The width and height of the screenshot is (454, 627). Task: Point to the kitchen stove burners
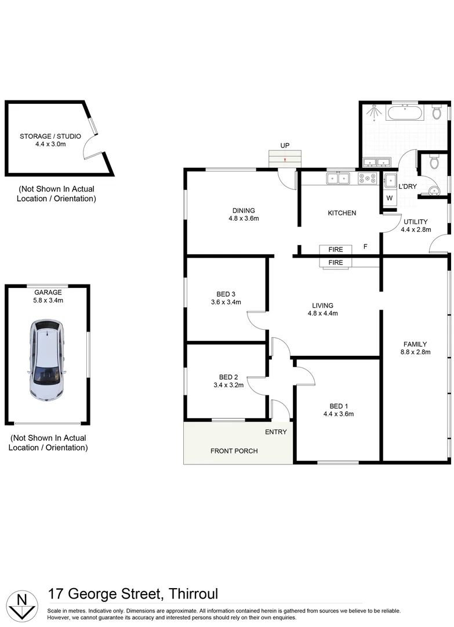[x=368, y=178]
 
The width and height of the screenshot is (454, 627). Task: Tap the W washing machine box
[x=390, y=198]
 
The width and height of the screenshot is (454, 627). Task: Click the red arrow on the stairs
[x=285, y=159]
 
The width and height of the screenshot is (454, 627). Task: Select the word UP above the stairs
[x=285, y=145]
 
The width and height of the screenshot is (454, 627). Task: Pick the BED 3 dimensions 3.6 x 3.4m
[x=226, y=302]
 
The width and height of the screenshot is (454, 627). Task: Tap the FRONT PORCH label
[x=234, y=451]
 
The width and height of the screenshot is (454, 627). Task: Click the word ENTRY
[x=276, y=432]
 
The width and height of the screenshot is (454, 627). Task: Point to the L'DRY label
[x=408, y=186]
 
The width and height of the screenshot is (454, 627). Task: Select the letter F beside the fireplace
[x=365, y=247]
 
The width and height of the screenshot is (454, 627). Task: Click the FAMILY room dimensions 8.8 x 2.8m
[x=415, y=352]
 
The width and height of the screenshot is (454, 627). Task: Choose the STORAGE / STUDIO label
[x=50, y=136]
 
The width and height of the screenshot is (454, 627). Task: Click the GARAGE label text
[x=48, y=293]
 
